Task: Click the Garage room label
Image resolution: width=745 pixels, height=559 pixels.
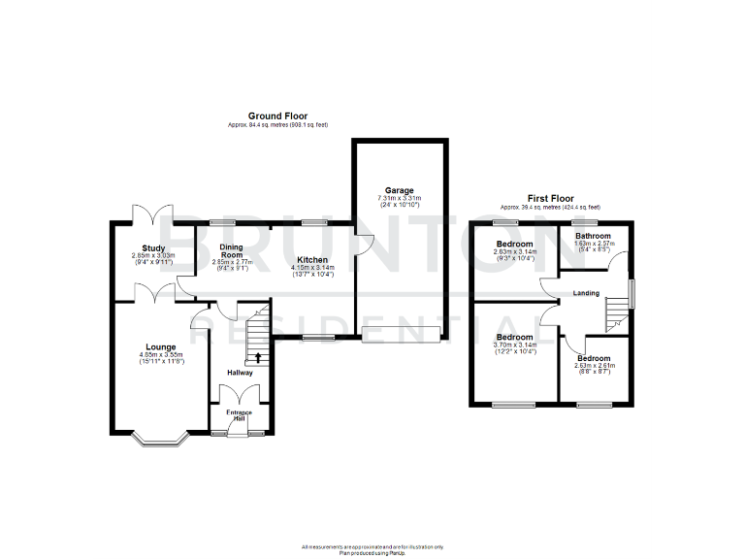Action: point(399,190)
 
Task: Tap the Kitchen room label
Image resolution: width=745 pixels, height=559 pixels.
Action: point(312,260)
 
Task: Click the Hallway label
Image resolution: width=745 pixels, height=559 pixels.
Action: point(240,373)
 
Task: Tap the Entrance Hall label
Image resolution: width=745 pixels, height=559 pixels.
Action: point(240,415)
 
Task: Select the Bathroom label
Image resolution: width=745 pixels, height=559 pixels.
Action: point(592,236)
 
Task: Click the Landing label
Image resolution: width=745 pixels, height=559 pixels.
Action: point(586,293)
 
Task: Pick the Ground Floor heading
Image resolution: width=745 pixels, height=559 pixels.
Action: point(276,115)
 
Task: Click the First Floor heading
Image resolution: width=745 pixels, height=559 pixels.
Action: point(550,197)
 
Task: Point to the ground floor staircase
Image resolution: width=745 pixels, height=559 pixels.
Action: point(257,336)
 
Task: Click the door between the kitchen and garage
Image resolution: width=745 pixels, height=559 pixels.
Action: point(359,247)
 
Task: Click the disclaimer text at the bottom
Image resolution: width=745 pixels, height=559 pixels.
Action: point(372,548)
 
